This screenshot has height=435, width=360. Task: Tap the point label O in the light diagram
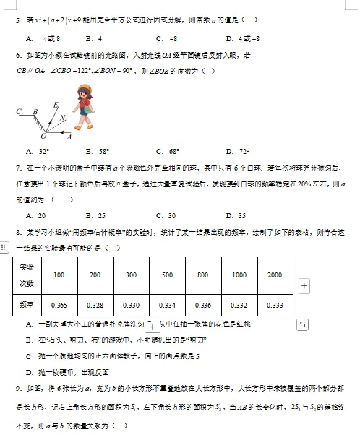(43, 134)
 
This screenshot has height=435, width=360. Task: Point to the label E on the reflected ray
(56, 105)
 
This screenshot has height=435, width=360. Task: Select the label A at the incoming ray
(69, 135)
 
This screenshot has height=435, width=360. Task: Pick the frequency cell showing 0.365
(59, 304)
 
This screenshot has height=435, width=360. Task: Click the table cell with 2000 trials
(274, 275)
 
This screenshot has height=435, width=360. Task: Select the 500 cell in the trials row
(167, 275)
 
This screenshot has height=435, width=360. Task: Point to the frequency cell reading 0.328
(95, 304)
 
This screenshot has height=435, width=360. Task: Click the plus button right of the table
(304, 286)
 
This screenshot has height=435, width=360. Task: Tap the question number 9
(17, 388)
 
